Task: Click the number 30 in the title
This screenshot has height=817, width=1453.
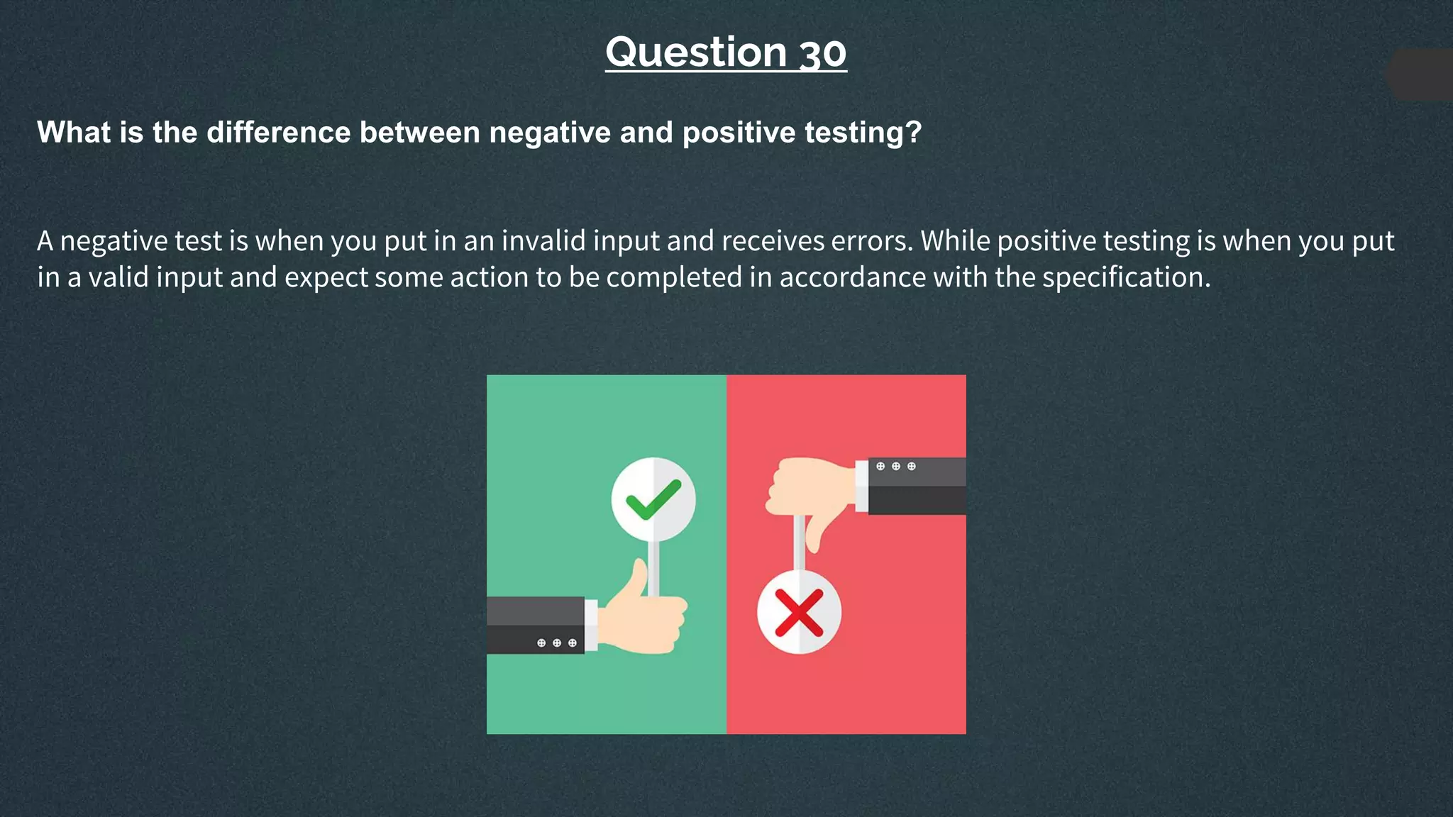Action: click(823, 53)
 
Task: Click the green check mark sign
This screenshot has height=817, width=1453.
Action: click(653, 499)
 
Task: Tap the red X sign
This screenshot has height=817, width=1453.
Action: click(799, 612)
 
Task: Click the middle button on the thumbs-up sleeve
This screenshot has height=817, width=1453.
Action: click(557, 643)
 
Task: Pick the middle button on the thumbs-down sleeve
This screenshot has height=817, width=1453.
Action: click(896, 467)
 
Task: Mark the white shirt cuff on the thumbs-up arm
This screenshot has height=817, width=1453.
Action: click(591, 625)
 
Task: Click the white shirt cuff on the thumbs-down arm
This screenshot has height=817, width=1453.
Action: click(862, 485)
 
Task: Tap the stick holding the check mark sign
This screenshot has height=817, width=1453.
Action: click(653, 567)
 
